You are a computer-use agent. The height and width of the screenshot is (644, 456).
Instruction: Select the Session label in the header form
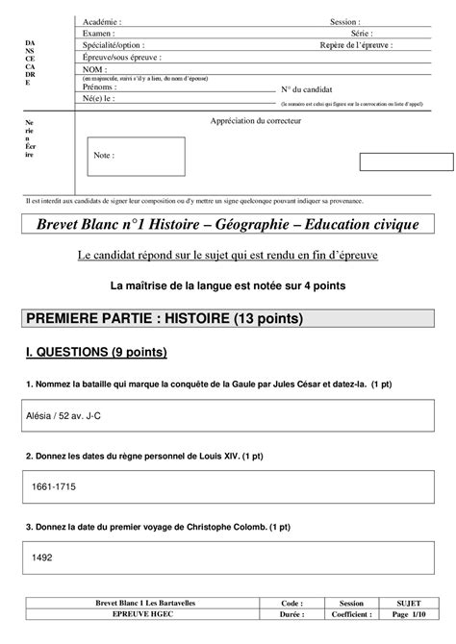[x=344, y=20]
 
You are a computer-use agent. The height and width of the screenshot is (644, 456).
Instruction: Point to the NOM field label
[x=94, y=69]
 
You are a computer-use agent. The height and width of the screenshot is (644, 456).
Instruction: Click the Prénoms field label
[x=100, y=87]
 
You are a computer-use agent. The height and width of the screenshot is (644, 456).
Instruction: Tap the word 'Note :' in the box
[x=104, y=155]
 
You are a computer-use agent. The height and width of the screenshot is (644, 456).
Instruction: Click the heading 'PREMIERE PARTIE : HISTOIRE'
[x=165, y=318]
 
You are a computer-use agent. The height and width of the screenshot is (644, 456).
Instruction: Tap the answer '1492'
[x=42, y=557]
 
